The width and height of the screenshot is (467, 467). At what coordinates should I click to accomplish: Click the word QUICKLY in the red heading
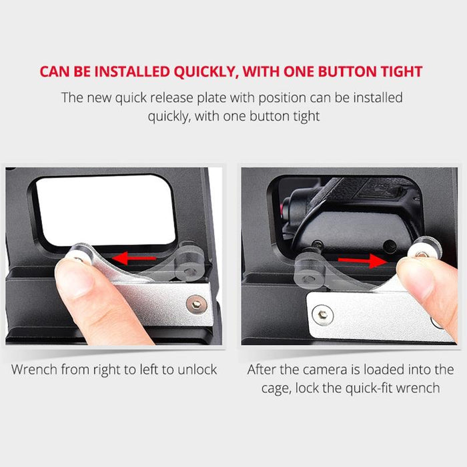pos(206,72)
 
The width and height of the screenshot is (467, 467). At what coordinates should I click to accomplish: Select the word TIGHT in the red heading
pos(402,72)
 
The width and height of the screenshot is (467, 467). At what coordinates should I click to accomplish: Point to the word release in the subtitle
pos(171,97)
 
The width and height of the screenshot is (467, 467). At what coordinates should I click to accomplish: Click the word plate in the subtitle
pos(212,98)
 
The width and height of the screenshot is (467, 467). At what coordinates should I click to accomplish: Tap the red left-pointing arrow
pos(134,258)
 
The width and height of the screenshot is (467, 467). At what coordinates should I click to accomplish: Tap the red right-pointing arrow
pos(362,261)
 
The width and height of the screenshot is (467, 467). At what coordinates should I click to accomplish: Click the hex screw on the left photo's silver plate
pos(197,304)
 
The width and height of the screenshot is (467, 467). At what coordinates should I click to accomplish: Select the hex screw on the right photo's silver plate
pos(322,314)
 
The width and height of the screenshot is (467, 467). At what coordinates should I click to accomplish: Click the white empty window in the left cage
pos(105,210)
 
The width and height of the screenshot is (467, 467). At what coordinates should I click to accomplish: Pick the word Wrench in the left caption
pos(34,370)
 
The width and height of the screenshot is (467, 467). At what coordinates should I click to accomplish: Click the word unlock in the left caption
pos(197,370)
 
